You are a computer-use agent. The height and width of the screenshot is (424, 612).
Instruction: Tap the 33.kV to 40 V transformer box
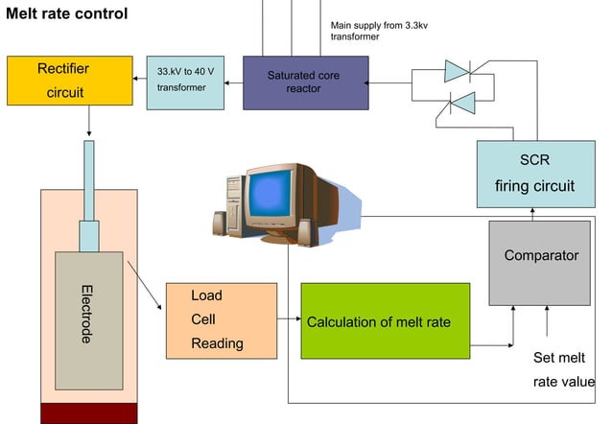coord(188,82)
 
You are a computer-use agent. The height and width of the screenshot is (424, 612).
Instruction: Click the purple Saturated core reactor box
coord(304,82)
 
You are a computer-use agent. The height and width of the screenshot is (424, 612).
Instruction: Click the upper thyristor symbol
coord(459,70)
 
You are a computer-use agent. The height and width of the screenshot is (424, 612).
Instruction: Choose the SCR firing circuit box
coord(534,174)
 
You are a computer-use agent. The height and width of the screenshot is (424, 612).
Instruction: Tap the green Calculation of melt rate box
coord(385,321)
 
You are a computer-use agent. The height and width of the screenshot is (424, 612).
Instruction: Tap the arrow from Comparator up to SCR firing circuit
coord(532,214)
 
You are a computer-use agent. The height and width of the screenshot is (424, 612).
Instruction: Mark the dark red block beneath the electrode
coord(89,413)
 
